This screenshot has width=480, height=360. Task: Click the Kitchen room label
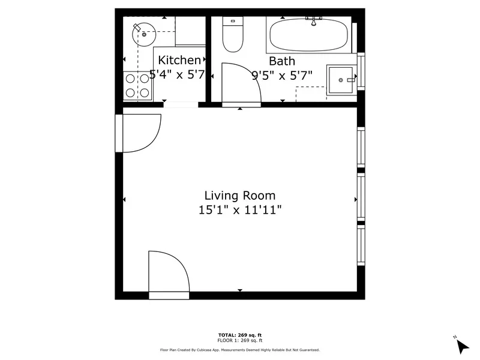click(x=179, y=60)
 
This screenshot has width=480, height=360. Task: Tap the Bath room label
click(x=281, y=61)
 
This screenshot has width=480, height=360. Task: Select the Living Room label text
click(x=240, y=195)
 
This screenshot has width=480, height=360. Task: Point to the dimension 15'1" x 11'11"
click(x=240, y=210)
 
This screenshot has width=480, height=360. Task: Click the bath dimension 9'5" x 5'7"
click(x=281, y=76)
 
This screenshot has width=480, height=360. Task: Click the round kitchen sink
click(x=143, y=35)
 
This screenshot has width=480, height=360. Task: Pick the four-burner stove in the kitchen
click(x=137, y=86)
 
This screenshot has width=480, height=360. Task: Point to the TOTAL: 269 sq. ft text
click(x=240, y=334)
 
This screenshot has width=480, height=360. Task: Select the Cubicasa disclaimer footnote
click(x=240, y=350)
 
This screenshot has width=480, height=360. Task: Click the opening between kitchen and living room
click(x=181, y=105)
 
